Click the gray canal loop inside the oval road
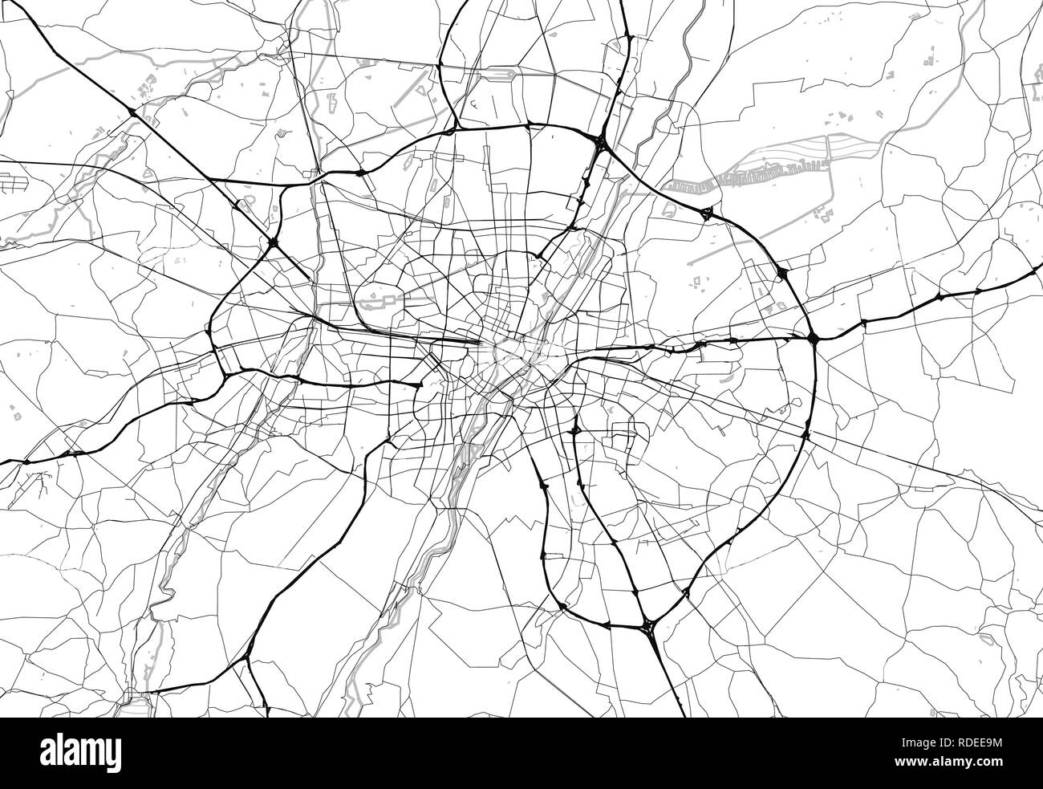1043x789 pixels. pos(378,302)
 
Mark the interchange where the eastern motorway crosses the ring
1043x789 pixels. pos(813,339)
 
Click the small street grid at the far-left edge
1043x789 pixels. pos(12,184)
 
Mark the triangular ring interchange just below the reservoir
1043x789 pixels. pos(706,213)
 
